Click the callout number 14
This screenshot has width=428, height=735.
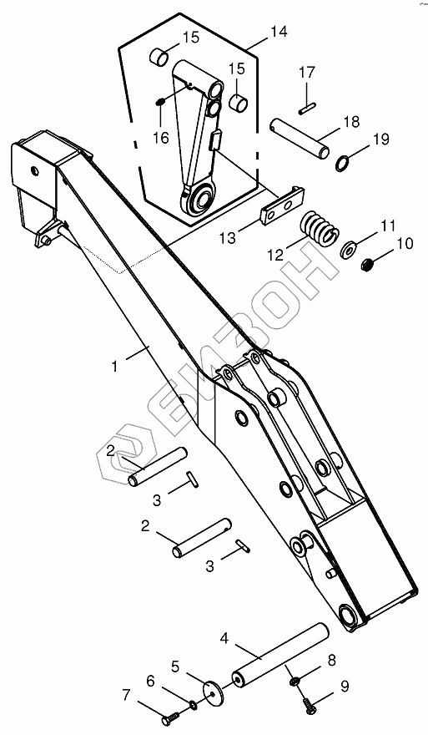click(x=278, y=32)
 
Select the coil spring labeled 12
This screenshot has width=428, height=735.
click(x=320, y=227)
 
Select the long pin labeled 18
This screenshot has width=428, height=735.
click(x=300, y=139)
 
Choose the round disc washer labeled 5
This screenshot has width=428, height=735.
click(x=214, y=692)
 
